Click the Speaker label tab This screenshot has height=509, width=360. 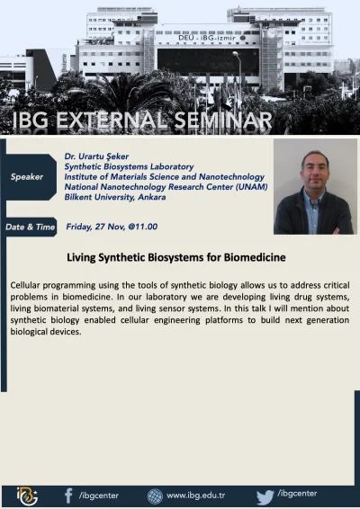coord(27,176)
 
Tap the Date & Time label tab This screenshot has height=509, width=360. coord(30,227)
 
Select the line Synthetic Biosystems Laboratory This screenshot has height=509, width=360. coord(129,166)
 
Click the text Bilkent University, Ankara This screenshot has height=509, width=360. coord(121,197)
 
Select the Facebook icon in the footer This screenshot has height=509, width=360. coord(69,495)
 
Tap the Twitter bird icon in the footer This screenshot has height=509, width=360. coord(265,495)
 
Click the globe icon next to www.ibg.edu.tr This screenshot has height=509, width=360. coord(155,496)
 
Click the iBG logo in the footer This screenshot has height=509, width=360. coord(28,495)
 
